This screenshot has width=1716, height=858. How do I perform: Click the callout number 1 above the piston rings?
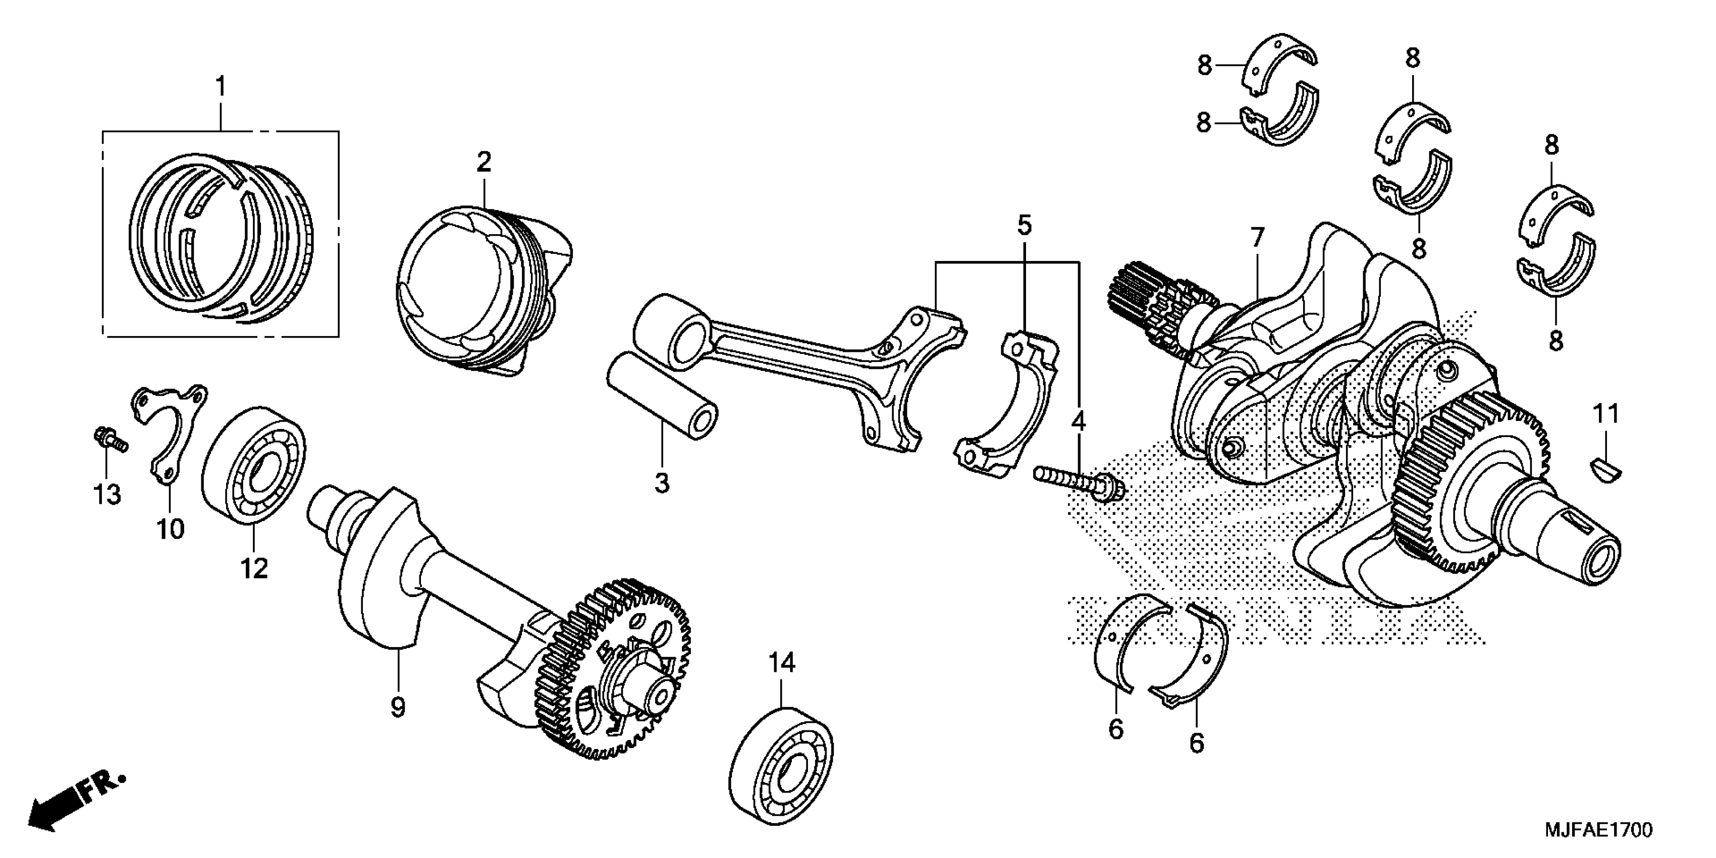click(221, 88)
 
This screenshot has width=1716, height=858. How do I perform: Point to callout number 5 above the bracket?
click(1024, 227)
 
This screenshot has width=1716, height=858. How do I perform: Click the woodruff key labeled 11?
click(1606, 467)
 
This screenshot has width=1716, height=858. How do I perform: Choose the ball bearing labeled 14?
click(781, 771)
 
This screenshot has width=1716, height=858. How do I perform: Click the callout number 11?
click(1605, 414)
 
